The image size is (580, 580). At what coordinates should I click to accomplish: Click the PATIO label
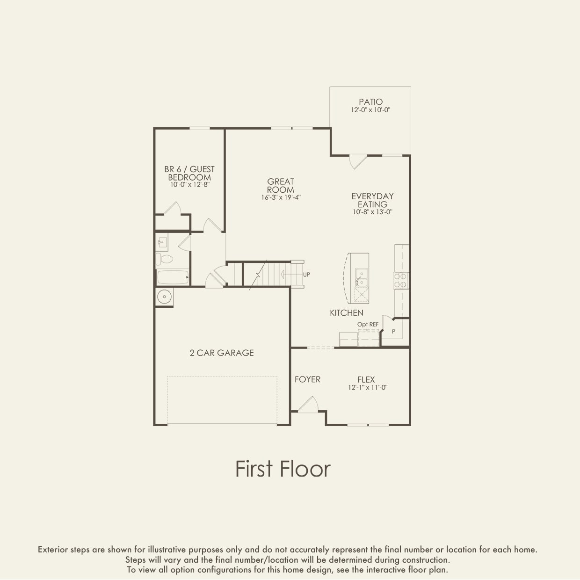coord(370,101)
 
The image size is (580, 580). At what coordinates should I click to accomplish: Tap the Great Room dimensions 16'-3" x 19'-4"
coord(281,197)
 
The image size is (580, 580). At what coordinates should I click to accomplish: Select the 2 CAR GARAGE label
coord(222,353)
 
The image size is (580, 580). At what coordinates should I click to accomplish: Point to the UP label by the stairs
coord(306,275)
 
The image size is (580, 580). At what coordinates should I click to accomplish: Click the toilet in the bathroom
coord(164,259)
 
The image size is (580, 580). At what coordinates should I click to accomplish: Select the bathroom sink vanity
coord(162,242)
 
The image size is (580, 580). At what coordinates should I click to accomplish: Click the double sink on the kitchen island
coord(361,277)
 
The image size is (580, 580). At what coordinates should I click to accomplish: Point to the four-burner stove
coord(400,281)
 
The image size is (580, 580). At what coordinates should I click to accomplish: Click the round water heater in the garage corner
coord(164,297)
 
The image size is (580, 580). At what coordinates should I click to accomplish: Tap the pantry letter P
coord(393,331)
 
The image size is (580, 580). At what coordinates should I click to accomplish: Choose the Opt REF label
coord(368,325)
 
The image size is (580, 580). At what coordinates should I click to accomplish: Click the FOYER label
coord(307,379)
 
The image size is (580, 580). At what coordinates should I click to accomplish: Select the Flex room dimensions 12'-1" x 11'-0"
coord(368,387)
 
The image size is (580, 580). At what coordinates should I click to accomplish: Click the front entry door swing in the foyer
coord(308,404)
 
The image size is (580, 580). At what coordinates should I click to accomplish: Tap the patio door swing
coord(358,162)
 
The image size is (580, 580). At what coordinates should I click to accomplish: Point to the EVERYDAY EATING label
coord(373,200)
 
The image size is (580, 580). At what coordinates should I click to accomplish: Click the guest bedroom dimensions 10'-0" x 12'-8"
coord(190,184)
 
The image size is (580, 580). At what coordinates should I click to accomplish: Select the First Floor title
coord(283,469)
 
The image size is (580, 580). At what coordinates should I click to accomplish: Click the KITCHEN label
coord(347,313)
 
